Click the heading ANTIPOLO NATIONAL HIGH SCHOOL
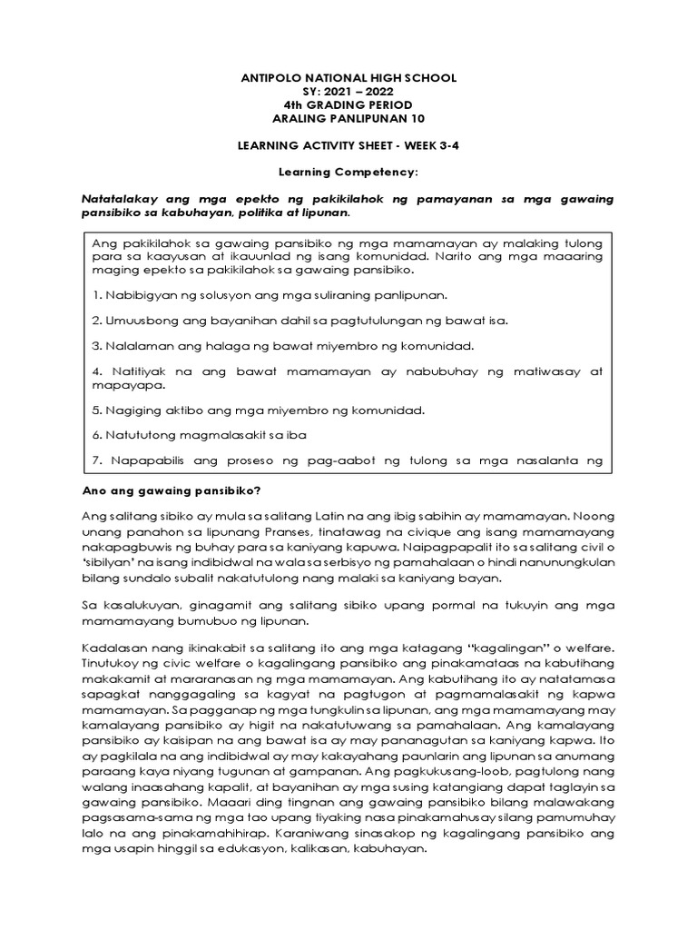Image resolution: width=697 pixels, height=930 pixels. (348, 78)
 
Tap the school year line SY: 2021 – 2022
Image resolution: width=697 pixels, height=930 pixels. (348, 92)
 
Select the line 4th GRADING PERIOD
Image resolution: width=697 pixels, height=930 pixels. (348, 105)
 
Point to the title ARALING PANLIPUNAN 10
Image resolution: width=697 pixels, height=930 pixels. (348, 119)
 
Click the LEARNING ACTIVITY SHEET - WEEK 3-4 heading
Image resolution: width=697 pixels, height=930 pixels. (348, 145)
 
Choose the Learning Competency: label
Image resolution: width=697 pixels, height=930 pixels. (348, 172)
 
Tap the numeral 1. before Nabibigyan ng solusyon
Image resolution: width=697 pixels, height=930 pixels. (98, 296)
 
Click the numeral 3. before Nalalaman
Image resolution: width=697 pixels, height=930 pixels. (98, 347)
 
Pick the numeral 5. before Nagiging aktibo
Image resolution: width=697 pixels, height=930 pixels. (98, 410)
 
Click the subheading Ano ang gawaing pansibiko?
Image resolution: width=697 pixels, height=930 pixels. (172, 491)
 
